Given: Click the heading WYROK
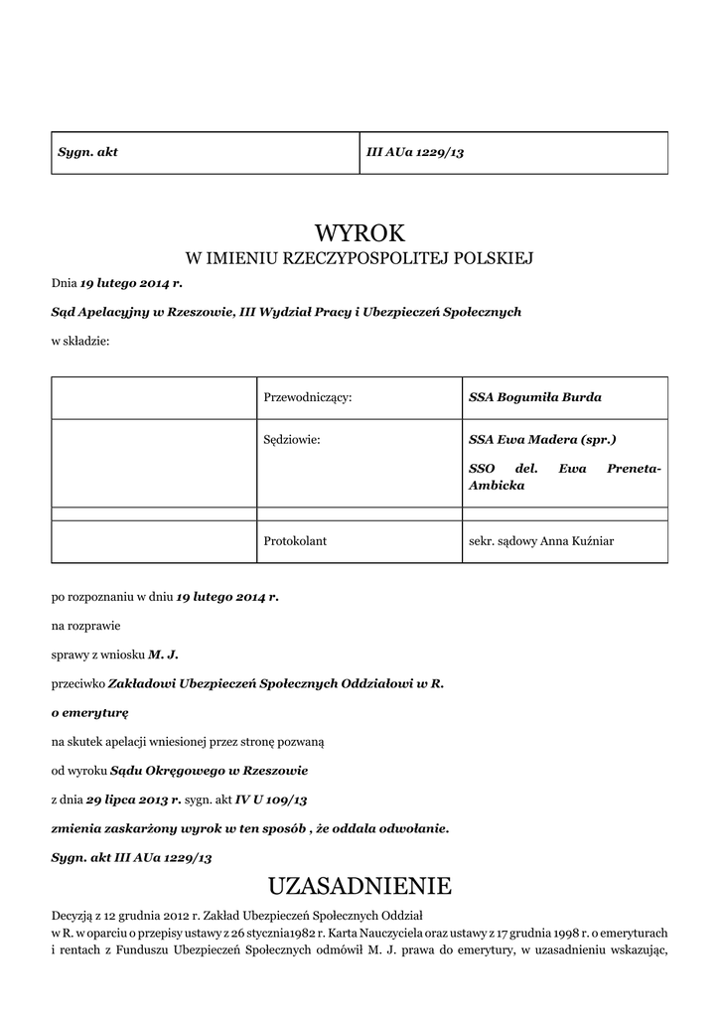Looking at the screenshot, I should tap(360, 233).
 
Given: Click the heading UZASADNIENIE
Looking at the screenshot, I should tap(360, 885).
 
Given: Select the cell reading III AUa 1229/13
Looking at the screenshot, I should tap(415, 152).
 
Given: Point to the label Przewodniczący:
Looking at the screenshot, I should tap(308, 397).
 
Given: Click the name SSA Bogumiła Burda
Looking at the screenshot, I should tap(534, 397).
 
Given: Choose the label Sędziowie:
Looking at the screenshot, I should tap(292, 438).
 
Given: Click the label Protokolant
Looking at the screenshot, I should tap(295, 541).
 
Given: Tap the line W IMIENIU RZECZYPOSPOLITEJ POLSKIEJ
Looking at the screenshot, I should tap(360, 259).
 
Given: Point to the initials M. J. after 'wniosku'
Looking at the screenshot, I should tap(163, 654).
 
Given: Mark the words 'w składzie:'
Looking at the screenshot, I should tap(79, 341).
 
